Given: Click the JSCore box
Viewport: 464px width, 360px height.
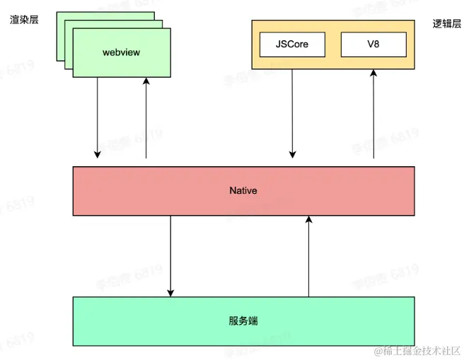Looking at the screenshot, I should point(293,45).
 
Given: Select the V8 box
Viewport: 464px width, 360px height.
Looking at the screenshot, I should point(373,45).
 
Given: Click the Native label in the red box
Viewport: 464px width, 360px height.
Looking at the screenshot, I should point(243,191).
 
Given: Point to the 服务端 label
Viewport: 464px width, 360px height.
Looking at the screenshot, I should point(243,320).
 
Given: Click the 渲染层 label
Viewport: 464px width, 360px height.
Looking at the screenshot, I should point(24,20).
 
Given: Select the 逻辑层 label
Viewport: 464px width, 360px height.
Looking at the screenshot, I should point(446,23).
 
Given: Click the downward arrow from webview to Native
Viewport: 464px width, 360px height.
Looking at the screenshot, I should point(98,117).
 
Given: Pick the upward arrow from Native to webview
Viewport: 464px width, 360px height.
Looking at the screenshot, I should point(146,117).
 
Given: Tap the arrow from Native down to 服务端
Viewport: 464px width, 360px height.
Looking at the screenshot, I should point(170,255).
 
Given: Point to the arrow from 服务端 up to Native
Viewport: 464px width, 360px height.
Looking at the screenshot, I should point(308,255).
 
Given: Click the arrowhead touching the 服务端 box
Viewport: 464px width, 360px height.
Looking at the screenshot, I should point(170,292).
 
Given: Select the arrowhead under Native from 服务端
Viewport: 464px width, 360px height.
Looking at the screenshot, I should point(308,220).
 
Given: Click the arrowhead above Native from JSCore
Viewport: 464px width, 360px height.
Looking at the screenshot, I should point(293,153).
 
